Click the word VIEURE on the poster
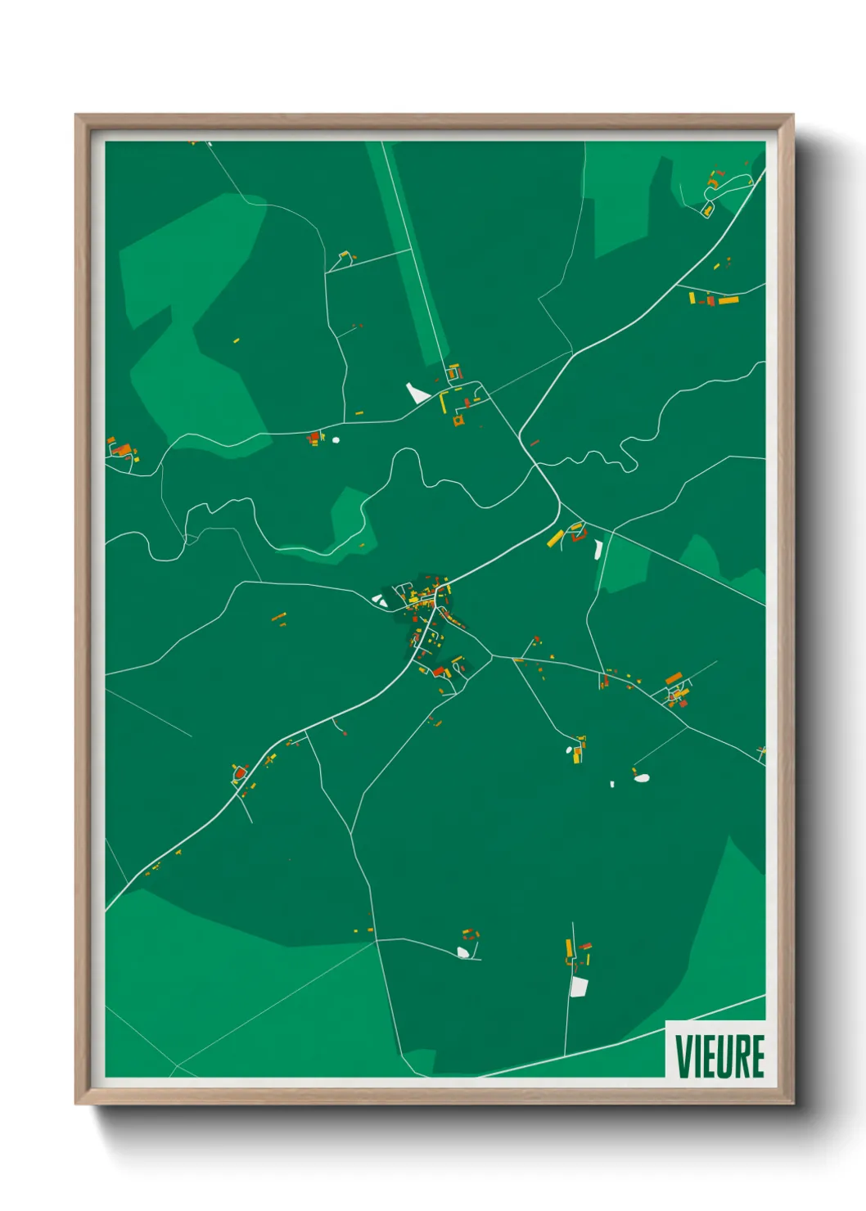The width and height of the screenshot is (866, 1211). click(719, 1056)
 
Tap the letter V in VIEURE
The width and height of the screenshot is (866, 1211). click(682, 1056)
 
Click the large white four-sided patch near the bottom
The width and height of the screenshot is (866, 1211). click(579, 987)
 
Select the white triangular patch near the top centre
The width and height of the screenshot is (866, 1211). click(417, 393)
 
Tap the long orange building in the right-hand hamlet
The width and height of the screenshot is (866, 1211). click(674, 678)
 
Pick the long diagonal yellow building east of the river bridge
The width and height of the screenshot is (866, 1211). click(556, 538)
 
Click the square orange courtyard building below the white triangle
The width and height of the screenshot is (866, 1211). click(458, 421)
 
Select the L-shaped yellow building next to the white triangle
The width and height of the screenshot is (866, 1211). click(444, 402)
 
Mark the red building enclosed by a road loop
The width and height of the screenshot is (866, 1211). click(240, 772)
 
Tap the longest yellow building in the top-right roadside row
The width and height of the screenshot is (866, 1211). click(728, 299)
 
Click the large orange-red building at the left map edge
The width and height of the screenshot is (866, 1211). click(121, 449)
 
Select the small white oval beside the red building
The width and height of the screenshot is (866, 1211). click(335, 440)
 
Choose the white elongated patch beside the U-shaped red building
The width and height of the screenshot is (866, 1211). click(598, 548)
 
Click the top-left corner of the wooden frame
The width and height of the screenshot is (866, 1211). click(77, 116)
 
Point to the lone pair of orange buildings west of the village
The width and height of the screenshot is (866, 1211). click(279, 619)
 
